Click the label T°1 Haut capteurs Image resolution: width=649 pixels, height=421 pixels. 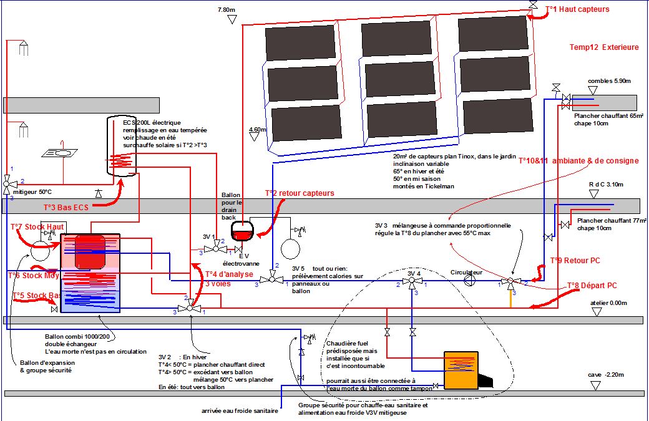(577, 9)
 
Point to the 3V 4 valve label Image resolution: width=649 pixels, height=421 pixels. (414, 273)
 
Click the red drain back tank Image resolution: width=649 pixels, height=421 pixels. (241, 233)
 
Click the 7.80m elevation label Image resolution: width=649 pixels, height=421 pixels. (226, 10)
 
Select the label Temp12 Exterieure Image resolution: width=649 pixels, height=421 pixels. (603, 47)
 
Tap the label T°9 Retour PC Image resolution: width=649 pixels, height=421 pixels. (575, 260)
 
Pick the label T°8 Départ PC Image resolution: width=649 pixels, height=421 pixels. (592, 286)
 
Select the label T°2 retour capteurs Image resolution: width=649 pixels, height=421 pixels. (300, 193)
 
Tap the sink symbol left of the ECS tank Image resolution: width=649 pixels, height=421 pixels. (60, 153)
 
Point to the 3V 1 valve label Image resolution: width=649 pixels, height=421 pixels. (210, 238)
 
